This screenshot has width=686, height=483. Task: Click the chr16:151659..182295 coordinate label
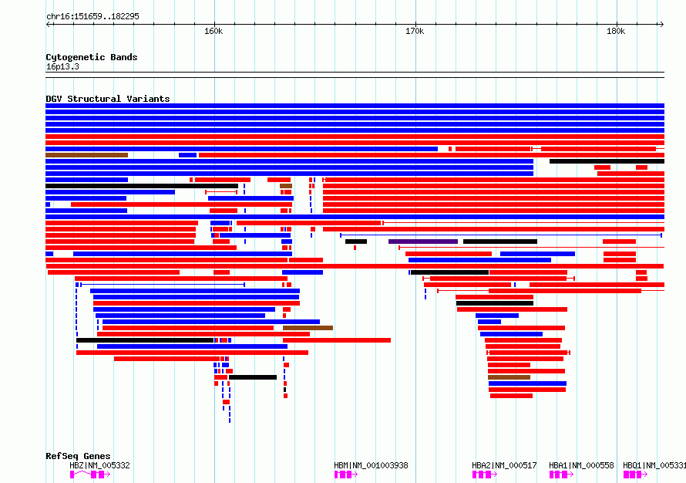pyautogui.click(x=92, y=16)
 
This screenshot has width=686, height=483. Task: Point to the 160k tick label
pyautogui.click(x=214, y=31)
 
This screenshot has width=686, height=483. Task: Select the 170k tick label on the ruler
pyautogui.click(x=415, y=31)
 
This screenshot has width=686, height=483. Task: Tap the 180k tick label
pyautogui.click(x=616, y=31)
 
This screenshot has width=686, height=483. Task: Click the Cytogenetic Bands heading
pyautogui.click(x=92, y=57)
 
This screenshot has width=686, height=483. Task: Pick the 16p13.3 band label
pyautogui.click(x=62, y=66)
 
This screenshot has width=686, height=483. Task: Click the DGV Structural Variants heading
pyautogui.click(x=108, y=99)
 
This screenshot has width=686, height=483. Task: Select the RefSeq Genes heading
pyautogui.click(x=78, y=456)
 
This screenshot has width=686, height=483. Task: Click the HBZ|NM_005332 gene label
pyautogui.click(x=99, y=465)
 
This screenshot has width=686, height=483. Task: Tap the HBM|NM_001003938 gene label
pyautogui.click(x=371, y=465)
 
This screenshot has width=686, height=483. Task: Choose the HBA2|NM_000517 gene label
pyautogui.click(x=504, y=465)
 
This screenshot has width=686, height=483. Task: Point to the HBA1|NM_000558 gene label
pyautogui.click(x=581, y=465)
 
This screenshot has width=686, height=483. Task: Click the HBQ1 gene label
pyautogui.click(x=654, y=465)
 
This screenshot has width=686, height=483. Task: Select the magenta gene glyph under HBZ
pyautogui.click(x=90, y=475)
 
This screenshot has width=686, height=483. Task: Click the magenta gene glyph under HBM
pyautogui.click(x=346, y=475)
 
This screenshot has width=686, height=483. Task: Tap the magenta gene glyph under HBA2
pyautogui.click(x=485, y=475)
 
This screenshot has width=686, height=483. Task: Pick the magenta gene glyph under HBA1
pyautogui.click(x=562, y=475)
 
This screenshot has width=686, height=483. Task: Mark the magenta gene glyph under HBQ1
pyautogui.click(x=636, y=475)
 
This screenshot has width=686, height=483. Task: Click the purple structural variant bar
pyautogui.click(x=423, y=241)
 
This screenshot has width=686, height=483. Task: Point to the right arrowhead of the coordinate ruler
pyautogui.click(x=663, y=24)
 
